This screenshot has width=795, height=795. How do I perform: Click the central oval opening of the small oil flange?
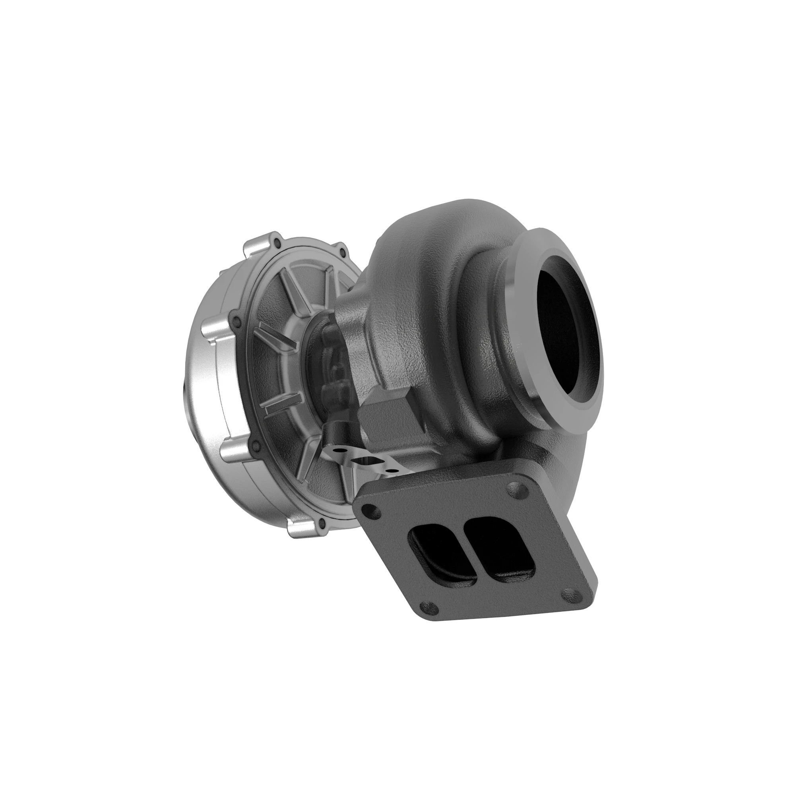click(x=363, y=460)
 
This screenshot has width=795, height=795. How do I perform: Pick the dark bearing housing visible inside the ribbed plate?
click(x=329, y=362)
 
